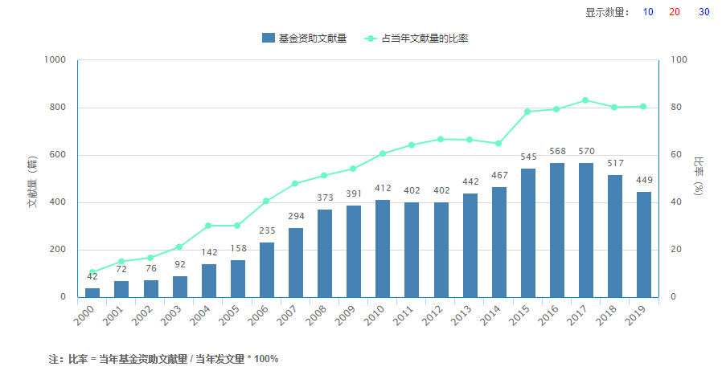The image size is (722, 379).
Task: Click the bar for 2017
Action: point(586,230)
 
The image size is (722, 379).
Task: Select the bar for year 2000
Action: point(92,292)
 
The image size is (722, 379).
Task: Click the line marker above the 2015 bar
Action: point(528,112)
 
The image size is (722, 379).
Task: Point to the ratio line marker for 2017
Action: point(586,100)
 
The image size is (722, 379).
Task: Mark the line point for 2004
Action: point(209,226)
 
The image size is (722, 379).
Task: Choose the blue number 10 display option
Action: point(648,12)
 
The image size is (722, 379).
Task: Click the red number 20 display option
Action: point(675,12)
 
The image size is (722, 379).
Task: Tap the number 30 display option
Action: point(704,12)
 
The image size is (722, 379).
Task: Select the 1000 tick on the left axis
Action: point(55,60)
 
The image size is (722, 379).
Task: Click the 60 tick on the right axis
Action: point(675,155)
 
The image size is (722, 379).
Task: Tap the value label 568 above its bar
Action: point(557,151)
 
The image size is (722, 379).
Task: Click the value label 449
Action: point(644,180)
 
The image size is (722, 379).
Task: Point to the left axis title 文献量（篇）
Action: point(32,182)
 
